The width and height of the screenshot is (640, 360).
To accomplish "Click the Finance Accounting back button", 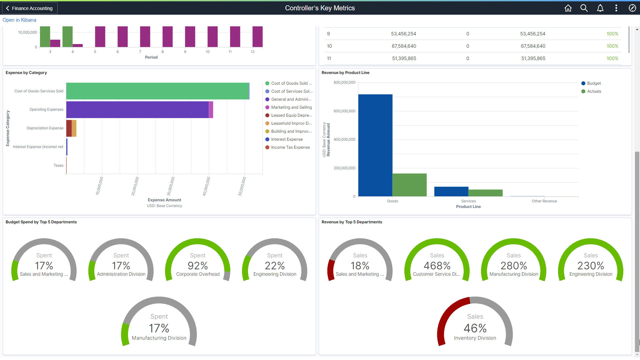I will [x=30, y=8].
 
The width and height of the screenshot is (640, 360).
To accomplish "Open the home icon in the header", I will [x=568, y=8].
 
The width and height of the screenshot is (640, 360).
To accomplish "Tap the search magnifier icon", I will [x=584, y=8].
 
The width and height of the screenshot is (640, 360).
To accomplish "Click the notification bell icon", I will [x=600, y=8].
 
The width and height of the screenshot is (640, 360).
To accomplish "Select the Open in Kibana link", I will [x=19, y=20].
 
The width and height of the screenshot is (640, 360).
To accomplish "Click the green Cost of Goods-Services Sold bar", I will [x=157, y=91].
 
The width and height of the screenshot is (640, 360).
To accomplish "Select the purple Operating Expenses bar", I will [x=137, y=110].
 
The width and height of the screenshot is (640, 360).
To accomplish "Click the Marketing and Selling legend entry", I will [x=291, y=107].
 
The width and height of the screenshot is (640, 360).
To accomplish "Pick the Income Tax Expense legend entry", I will [x=290, y=147].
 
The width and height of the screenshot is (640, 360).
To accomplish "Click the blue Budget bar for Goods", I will [x=375, y=145].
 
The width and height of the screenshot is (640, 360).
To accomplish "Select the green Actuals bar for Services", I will [x=485, y=193].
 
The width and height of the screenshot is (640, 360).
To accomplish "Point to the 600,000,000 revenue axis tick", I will [x=344, y=111].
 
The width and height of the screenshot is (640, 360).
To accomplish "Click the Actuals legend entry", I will [x=594, y=91].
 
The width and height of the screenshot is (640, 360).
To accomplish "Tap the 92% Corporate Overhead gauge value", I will [x=198, y=266].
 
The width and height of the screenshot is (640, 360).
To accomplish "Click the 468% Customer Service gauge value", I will [x=437, y=266].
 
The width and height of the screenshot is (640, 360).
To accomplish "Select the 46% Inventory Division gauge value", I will [x=475, y=328].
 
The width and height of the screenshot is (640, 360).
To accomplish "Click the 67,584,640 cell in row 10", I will [x=404, y=46].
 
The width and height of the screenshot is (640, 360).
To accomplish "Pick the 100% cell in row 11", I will [x=612, y=58].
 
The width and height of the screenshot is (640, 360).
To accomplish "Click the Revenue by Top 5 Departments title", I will [x=352, y=222].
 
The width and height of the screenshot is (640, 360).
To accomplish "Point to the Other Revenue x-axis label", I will [x=544, y=201].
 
